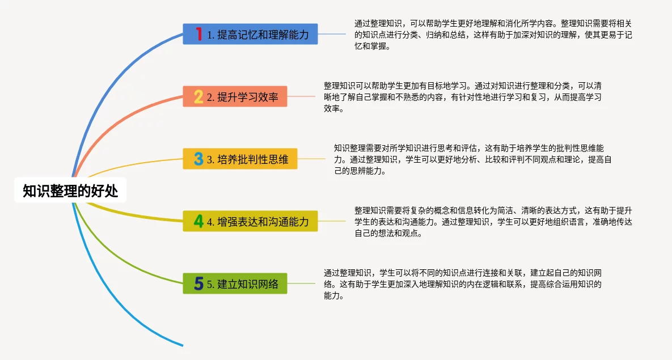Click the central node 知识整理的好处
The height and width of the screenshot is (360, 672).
click(70, 190)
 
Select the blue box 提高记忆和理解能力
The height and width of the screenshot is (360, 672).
click(250, 34)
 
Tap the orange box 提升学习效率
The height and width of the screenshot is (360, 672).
click(235, 96)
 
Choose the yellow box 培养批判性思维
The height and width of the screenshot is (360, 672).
click(240, 159)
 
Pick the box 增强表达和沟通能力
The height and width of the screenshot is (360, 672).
click(250, 221)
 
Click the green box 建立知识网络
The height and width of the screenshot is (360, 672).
click(235, 283)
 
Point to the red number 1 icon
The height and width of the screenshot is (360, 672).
click(198, 34)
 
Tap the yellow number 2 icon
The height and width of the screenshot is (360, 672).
click(198, 96)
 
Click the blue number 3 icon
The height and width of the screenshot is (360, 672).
click(198, 159)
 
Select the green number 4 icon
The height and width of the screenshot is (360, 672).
click(198, 221)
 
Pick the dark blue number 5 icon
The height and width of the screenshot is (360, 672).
click(198, 283)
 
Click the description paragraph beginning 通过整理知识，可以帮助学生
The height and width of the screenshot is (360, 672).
click(493, 35)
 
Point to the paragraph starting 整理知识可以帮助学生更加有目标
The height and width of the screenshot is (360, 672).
click(462, 97)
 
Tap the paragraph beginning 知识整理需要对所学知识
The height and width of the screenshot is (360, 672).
click(473, 159)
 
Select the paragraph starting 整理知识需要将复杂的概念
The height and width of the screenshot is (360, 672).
click(493, 222)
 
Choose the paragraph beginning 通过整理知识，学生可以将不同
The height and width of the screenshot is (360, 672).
click(462, 283)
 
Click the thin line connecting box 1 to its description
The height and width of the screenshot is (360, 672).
click(332, 34)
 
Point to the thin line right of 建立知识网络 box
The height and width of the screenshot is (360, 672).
click(301, 283)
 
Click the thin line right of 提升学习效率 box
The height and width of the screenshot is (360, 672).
click(301, 96)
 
